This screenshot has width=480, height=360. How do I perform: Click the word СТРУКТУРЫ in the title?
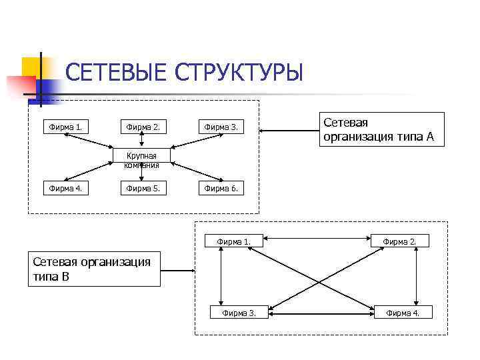(x=238, y=71)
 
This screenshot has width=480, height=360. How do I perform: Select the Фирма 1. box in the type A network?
(x=66, y=126)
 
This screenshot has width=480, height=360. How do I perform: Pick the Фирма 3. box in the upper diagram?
(x=221, y=126)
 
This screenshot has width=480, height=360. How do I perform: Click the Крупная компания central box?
(x=141, y=160)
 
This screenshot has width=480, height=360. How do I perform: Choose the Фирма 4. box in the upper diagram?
(x=66, y=188)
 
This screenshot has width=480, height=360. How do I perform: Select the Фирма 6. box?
(x=221, y=188)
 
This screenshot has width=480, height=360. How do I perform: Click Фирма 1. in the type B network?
(x=235, y=241)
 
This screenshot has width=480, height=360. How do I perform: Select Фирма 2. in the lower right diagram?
(x=400, y=241)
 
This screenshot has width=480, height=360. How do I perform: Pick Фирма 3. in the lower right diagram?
(x=239, y=312)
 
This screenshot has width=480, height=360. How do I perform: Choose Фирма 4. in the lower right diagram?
(x=403, y=312)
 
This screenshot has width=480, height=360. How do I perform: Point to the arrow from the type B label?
(x=177, y=271)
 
